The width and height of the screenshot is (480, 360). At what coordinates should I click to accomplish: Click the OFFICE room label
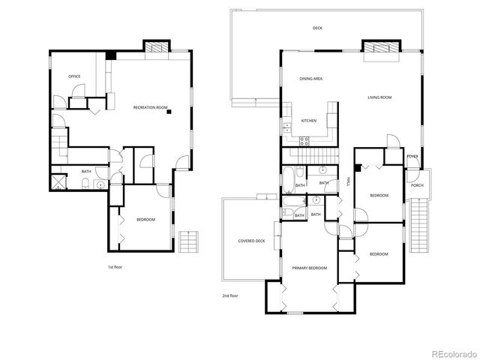pyautogui.click(x=74, y=76)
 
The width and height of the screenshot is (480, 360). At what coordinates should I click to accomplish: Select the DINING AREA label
pyautogui.click(x=310, y=78)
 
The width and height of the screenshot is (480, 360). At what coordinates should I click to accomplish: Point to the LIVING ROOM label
pyautogui.click(x=379, y=97)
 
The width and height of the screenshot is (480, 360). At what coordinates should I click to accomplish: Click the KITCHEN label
pyautogui.click(x=308, y=121)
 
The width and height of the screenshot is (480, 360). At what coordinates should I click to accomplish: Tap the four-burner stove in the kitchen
pyautogui.click(x=305, y=139)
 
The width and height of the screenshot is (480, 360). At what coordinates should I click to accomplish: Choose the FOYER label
pyautogui.click(x=412, y=157)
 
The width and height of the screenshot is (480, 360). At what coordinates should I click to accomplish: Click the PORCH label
pyautogui.click(x=417, y=185)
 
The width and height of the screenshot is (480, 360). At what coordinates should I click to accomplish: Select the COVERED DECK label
pyautogui.click(x=251, y=241)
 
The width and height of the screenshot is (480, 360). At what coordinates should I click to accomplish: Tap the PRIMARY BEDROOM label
pyautogui.click(x=309, y=268)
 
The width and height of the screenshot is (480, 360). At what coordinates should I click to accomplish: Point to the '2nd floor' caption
pyautogui.click(x=230, y=295)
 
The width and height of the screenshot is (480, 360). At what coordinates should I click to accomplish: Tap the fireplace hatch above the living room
pyautogui.click(x=380, y=46)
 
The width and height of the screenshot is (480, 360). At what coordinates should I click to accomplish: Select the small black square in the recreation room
pyautogui.click(x=170, y=112)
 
